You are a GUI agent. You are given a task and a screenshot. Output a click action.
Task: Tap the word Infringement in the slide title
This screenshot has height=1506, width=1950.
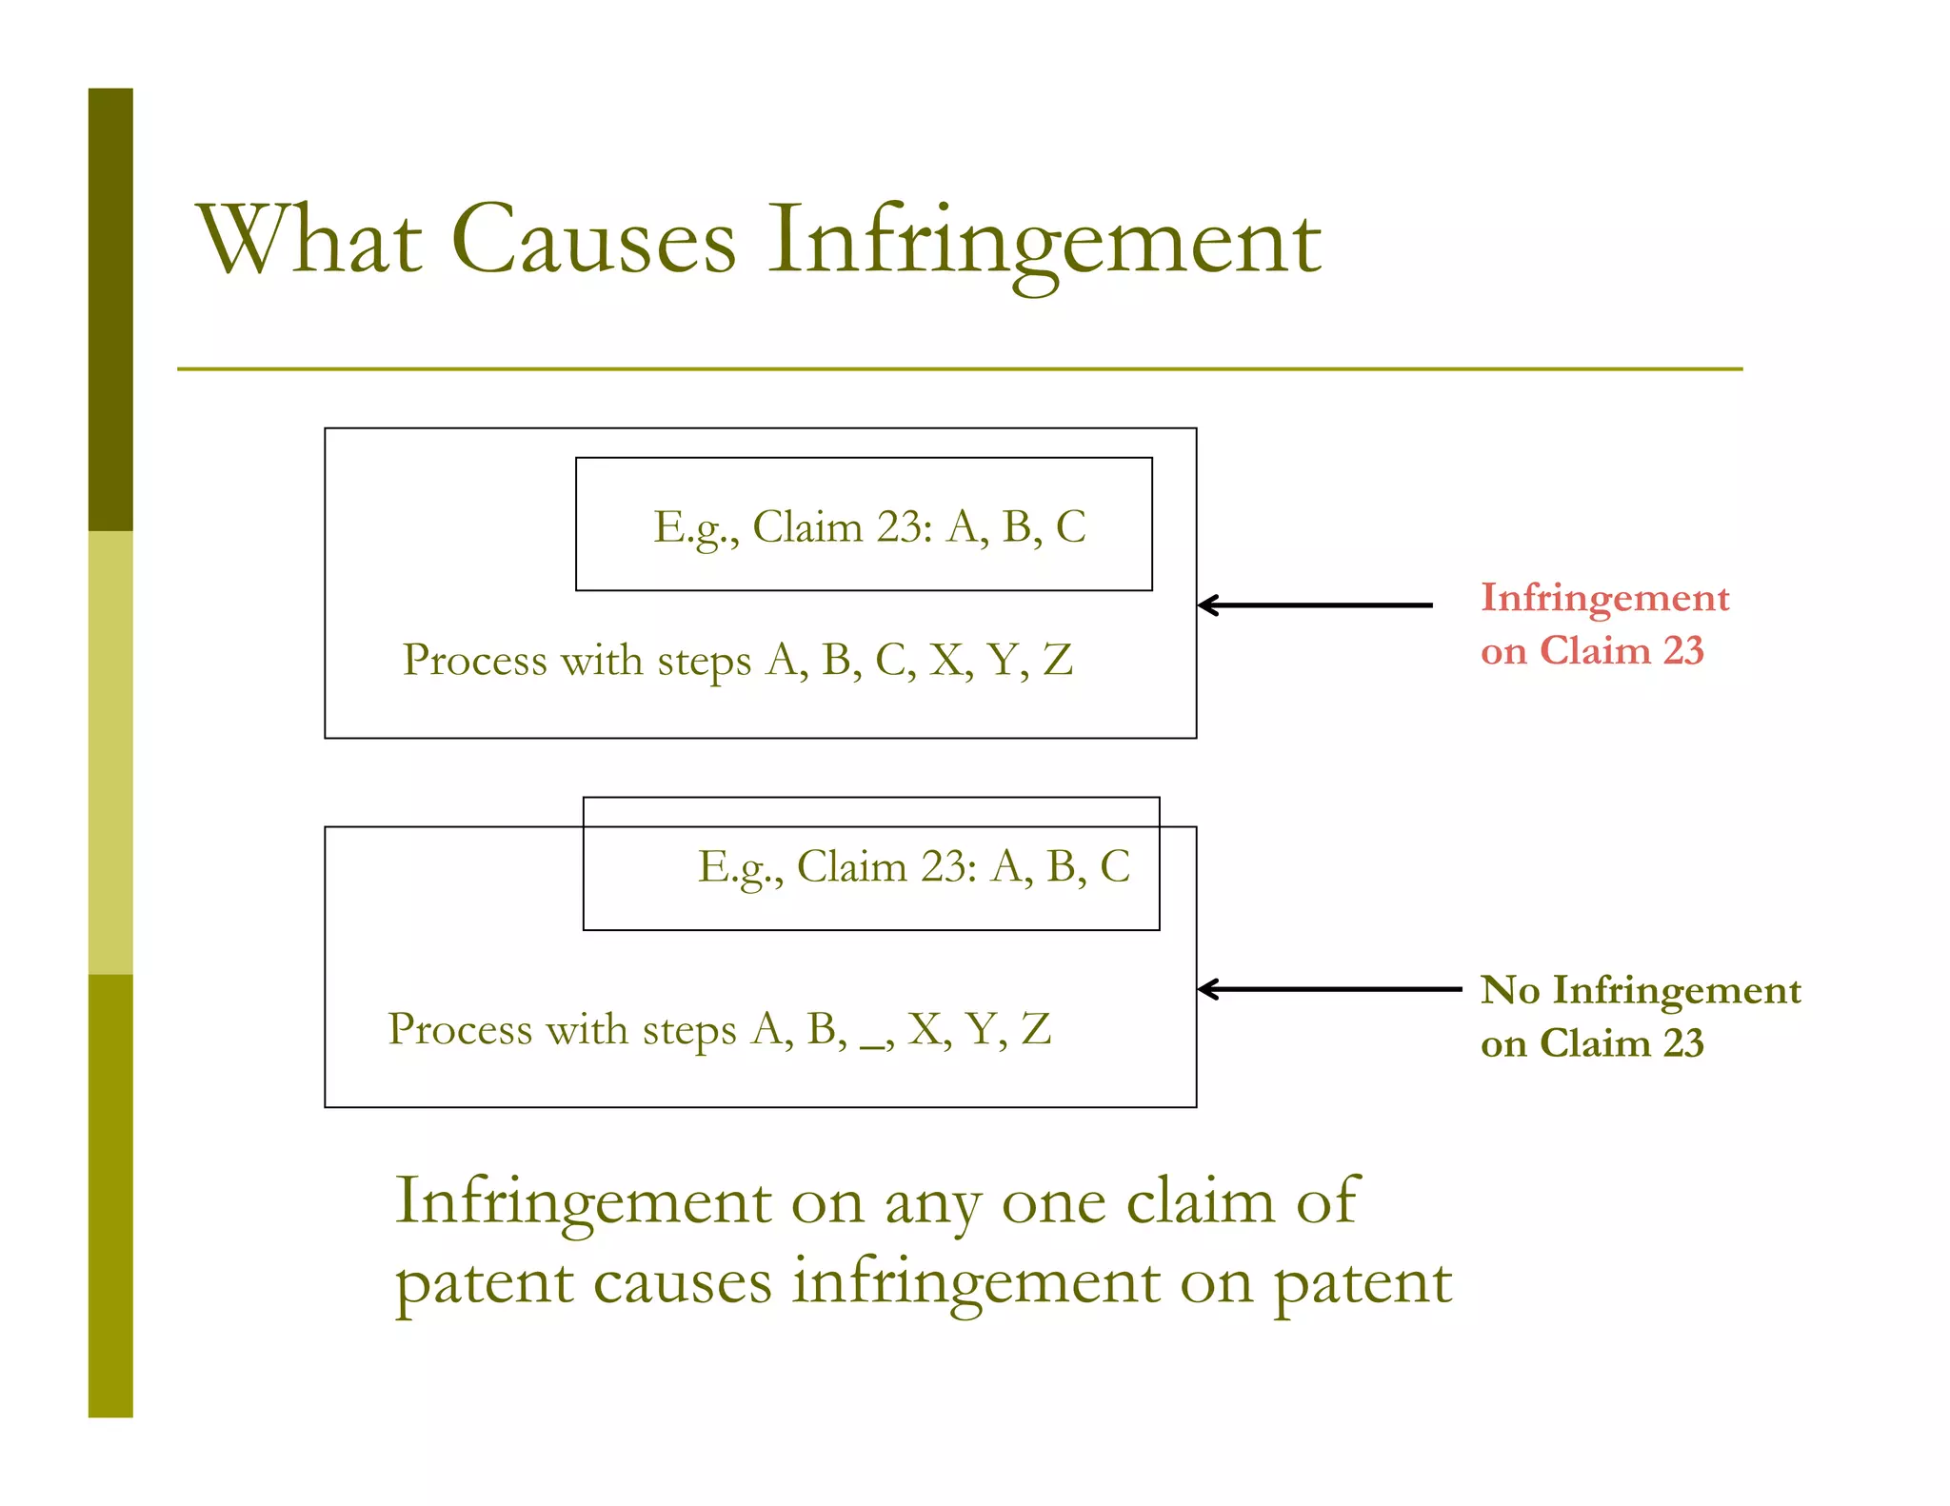click(1045, 240)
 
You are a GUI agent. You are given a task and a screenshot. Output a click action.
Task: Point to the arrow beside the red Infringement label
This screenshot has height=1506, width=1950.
click(1314, 604)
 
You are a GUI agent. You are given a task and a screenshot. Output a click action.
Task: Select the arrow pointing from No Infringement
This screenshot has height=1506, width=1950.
click(1329, 989)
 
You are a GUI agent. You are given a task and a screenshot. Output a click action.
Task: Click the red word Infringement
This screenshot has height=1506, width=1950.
click(1604, 598)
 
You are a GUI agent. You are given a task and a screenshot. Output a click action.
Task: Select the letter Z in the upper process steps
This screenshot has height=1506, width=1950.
click(1058, 660)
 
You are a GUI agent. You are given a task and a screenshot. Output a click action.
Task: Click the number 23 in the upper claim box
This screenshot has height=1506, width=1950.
click(899, 526)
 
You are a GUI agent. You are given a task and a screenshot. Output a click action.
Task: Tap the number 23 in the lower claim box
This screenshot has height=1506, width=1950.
click(944, 866)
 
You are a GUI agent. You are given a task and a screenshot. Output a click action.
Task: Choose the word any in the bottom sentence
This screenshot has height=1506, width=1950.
click(932, 1202)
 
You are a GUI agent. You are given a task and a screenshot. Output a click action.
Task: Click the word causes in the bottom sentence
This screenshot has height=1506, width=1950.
click(682, 1282)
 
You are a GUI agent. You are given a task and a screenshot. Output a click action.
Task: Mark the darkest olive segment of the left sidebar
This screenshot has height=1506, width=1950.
click(110, 309)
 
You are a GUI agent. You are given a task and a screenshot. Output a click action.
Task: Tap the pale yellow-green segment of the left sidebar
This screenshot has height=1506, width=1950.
click(110, 752)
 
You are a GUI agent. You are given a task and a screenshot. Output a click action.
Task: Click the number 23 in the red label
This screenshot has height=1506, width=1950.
click(1682, 651)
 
